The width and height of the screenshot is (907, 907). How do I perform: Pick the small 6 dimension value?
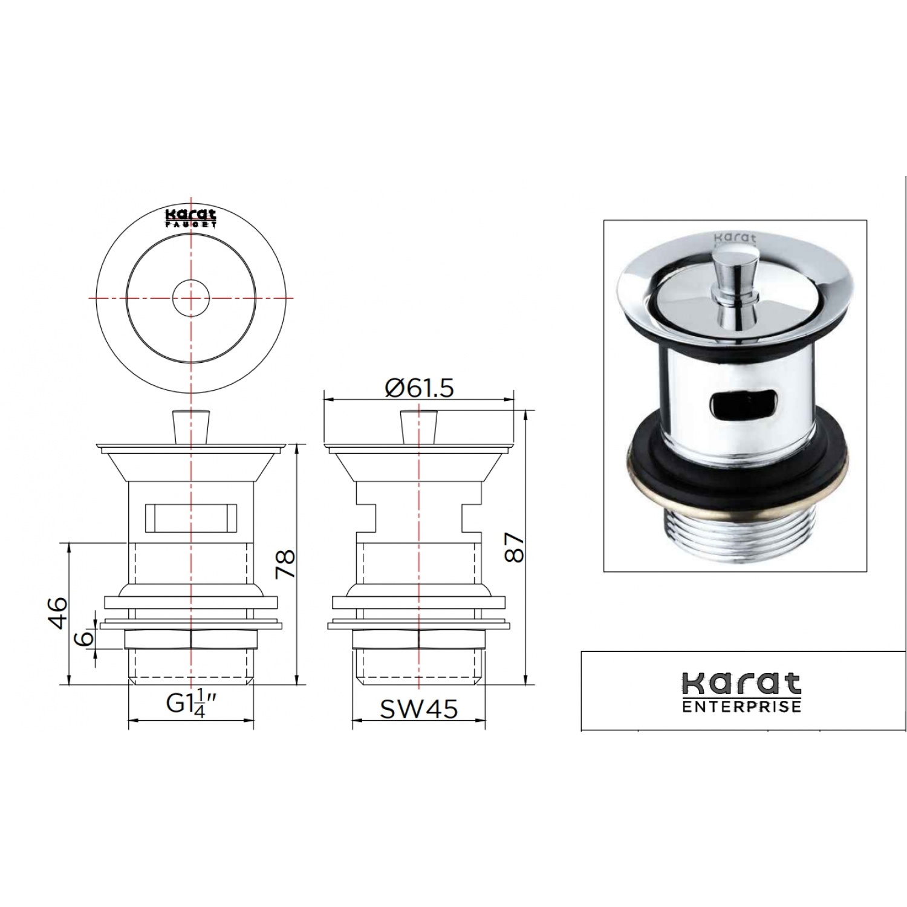[x=86, y=637]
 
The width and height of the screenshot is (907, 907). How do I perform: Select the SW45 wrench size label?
[x=418, y=708]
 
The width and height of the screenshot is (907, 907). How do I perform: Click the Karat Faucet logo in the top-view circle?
[x=191, y=218]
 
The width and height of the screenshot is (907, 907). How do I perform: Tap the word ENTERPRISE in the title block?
[x=741, y=706]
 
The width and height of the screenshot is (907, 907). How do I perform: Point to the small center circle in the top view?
[x=190, y=297]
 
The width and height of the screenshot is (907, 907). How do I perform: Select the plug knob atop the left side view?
[x=190, y=426]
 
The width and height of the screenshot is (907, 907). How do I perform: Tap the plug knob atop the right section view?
[x=418, y=426]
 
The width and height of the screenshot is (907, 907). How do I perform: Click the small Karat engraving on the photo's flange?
[x=727, y=238]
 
